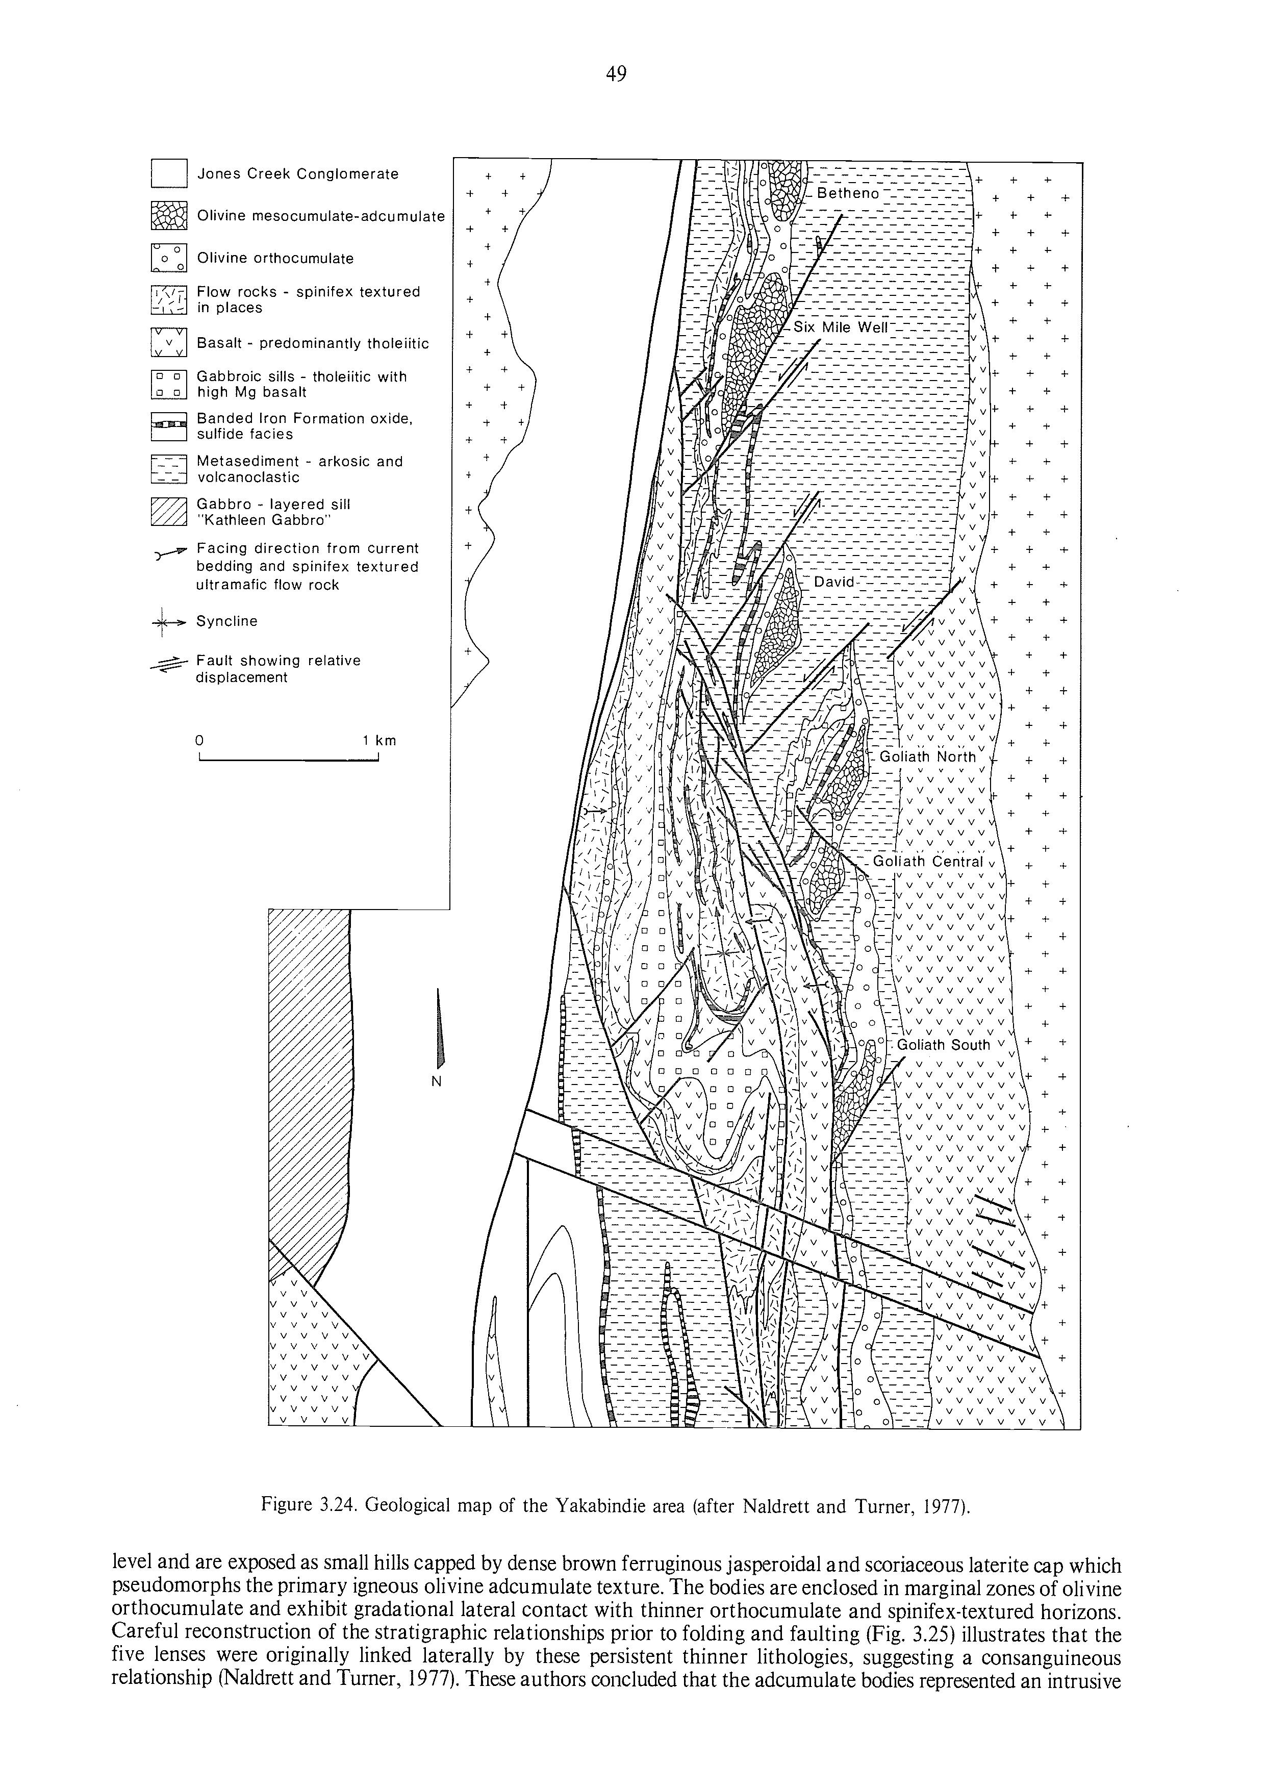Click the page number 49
616,74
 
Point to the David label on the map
834,583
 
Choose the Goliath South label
943,1045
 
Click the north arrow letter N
437,1081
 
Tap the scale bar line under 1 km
288,761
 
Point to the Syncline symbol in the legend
169,621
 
